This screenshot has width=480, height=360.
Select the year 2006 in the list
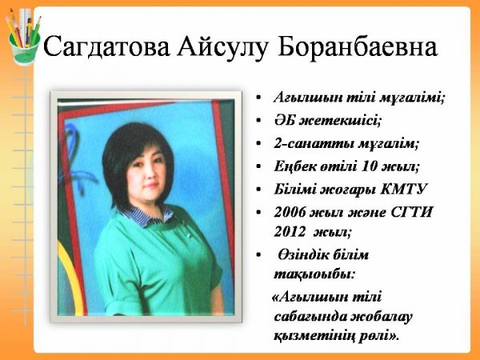[290, 212]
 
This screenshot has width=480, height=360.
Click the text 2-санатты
[314, 143]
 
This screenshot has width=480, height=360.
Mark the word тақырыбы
[314, 274]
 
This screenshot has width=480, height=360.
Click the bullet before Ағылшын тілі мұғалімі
[258, 98]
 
